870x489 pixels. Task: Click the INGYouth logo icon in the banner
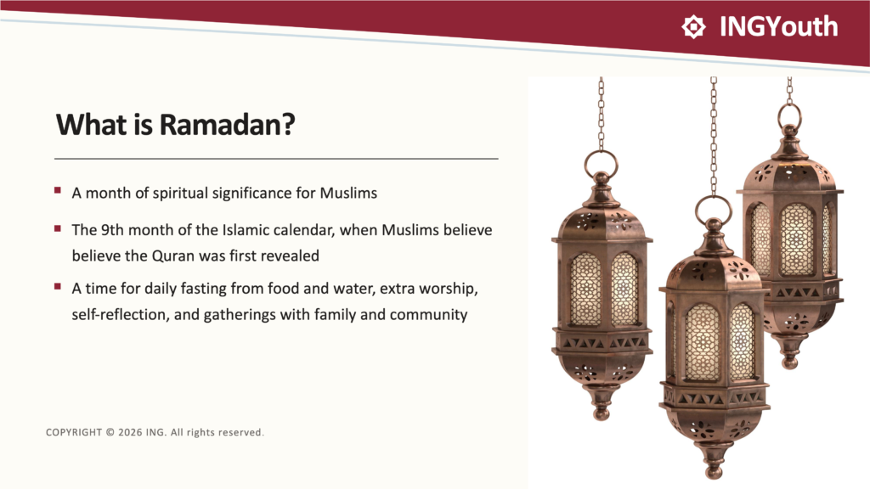[x=693, y=26]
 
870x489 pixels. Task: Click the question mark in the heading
[x=289, y=124]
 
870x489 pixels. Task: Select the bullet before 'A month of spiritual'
[x=58, y=190]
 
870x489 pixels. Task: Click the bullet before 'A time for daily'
[x=58, y=286]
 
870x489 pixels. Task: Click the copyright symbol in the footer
[x=110, y=432]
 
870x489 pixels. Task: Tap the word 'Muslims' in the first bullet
[x=348, y=193]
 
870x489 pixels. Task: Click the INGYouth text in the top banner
[x=778, y=26]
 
